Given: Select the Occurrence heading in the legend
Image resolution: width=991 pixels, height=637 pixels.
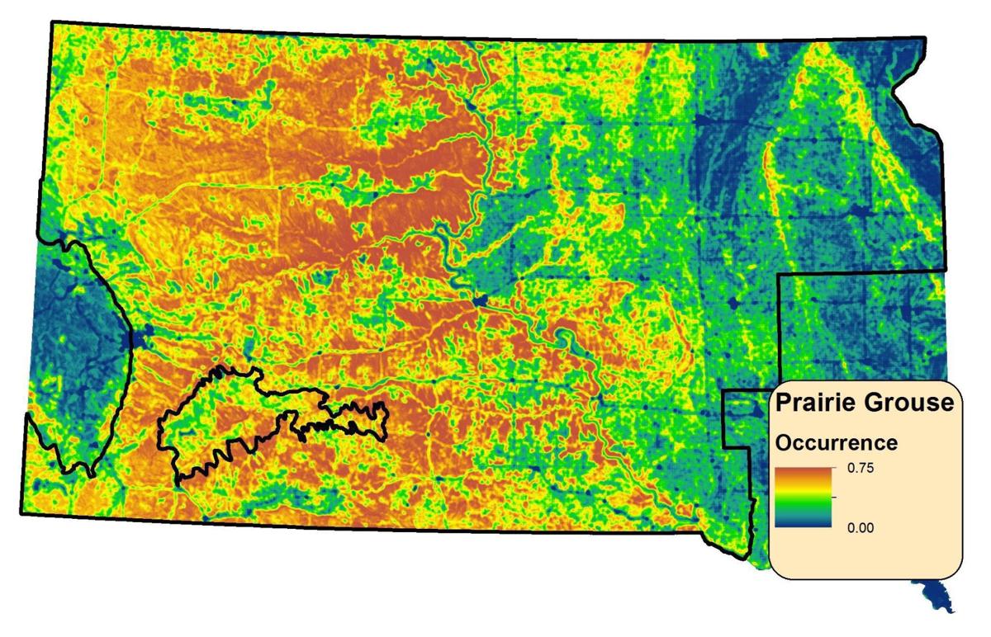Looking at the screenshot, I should point(836,443).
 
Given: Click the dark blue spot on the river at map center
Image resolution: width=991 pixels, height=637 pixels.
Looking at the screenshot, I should point(481,300).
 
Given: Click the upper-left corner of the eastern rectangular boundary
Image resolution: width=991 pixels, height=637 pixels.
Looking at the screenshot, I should point(781,274).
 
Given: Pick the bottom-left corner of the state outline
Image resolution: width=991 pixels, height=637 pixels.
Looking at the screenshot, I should point(21,513).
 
